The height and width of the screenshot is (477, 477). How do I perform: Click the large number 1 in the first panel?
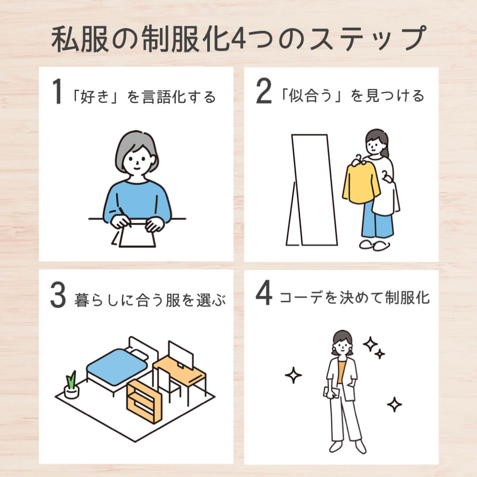pyautogui.click(x=57, y=93)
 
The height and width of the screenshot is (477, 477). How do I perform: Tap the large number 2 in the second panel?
pyautogui.click(x=264, y=93)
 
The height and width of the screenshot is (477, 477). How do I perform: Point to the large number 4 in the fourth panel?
pyautogui.click(x=264, y=295)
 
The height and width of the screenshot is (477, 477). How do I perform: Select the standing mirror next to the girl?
pyautogui.click(x=312, y=190)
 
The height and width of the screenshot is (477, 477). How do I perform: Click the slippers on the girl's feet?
pyautogui.click(x=374, y=245)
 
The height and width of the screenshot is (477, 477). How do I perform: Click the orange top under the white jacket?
pyautogui.click(x=341, y=371)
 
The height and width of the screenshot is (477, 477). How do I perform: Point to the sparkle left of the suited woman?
pyautogui.click(x=293, y=375)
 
